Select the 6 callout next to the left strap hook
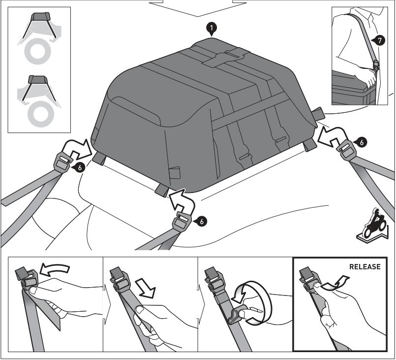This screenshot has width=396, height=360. click(x=80, y=167)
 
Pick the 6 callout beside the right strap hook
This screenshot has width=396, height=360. click(x=362, y=142)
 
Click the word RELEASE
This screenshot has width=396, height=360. click(x=365, y=267)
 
